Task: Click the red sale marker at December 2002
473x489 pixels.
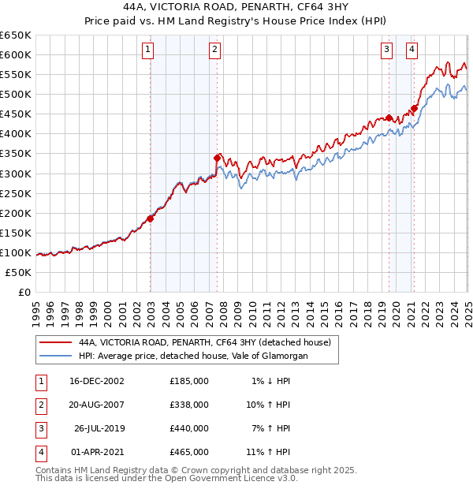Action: coord(150,218)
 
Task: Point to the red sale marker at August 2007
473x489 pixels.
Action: coord(217,158)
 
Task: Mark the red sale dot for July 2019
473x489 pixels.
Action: coord(389,118)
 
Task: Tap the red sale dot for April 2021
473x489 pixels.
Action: coord(413,108)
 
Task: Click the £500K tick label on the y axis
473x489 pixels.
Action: coord(16,95)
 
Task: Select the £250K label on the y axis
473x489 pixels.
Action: coord(16,193)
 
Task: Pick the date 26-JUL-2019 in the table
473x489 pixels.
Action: coord(99,428)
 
